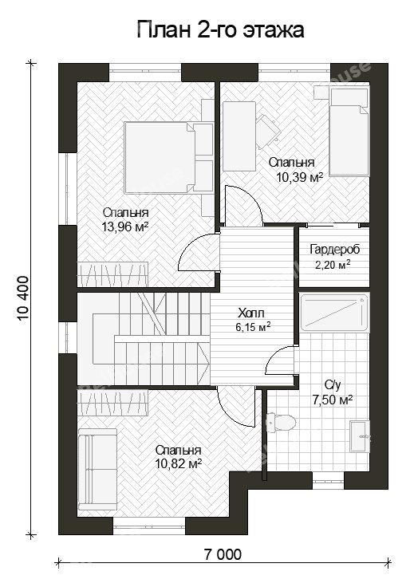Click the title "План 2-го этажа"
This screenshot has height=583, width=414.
tap(221, 30)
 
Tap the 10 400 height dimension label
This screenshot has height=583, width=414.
tap(23, 298)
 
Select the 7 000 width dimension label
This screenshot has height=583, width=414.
tap(223, 554)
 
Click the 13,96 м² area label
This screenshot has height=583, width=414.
tap(125, 227)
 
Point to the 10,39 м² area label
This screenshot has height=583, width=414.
tap(299, 177)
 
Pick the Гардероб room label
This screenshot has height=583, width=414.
tap(335, 249)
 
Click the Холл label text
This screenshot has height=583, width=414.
tap(251, 313)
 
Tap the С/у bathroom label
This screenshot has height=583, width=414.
tap(332, 385)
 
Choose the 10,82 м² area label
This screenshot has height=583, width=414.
tap(179, 464)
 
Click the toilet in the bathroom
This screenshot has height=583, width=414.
tap(281, 423)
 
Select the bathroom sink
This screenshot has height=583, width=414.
tap(360, 436)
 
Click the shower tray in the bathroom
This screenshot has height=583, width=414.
tap(333, 313)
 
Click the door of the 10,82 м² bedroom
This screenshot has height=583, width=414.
tap(236, 407)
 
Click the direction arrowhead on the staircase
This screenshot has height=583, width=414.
tap(204, 360)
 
